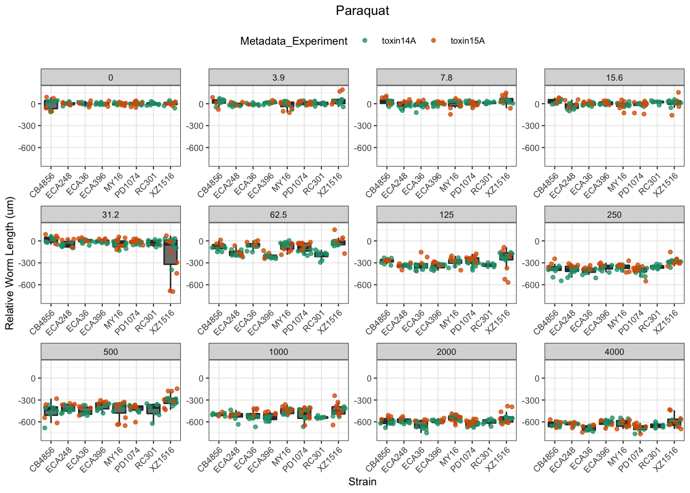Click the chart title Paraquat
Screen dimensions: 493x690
pos(362,11)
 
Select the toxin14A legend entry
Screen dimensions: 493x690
pos(398,41)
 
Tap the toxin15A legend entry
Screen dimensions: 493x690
pos(467,41)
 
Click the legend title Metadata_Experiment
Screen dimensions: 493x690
pos(294,41)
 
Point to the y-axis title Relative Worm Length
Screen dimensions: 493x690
pos(10,263)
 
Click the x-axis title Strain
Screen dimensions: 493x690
pos(362,482)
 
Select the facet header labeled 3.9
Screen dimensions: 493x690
pos(278,78)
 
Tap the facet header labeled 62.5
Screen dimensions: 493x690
pos(278,215)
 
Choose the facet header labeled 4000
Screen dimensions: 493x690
pos(614,352)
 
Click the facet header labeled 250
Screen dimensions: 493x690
pos(614,215)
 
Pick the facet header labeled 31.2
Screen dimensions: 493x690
pos(110,215)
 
